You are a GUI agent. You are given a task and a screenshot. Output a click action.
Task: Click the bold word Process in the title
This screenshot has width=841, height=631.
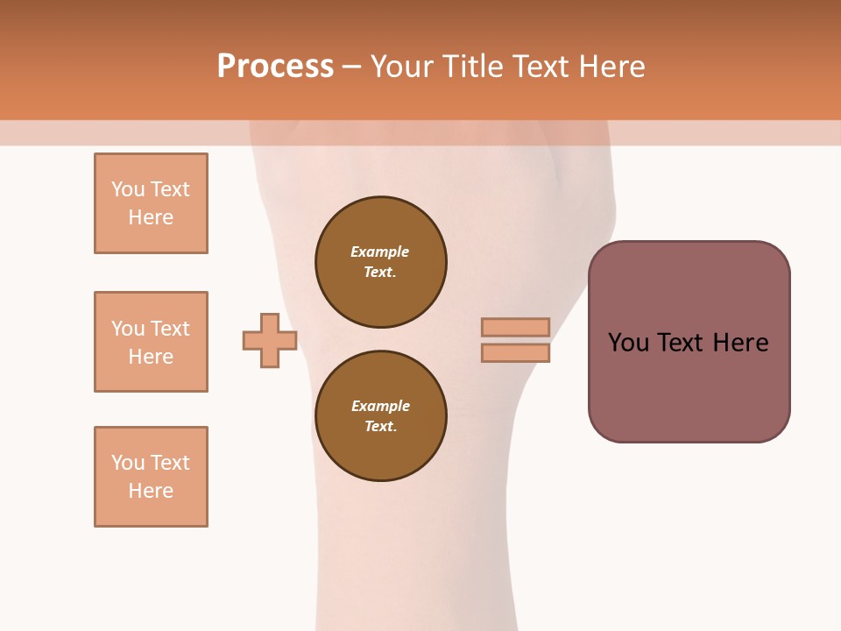[x=275, y=67]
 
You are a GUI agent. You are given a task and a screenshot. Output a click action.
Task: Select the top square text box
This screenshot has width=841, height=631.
[x=151, y=203]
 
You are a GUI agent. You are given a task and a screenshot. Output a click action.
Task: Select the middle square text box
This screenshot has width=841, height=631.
[x=151, y=342]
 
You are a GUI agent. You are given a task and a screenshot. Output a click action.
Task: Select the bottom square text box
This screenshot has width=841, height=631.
[x=151, y=477]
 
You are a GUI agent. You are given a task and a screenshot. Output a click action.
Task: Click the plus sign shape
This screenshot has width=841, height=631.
[x=270, y=340]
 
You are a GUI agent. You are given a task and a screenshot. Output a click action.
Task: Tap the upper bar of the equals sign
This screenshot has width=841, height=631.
[x=515, y=327]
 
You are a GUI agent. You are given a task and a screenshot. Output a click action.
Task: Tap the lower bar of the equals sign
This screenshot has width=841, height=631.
[x=515, y=353]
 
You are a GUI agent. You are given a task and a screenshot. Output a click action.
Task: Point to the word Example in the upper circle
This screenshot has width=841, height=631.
[x=380, y=252]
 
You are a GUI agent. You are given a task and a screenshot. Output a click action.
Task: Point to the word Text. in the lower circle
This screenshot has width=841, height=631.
[x=380, y=427]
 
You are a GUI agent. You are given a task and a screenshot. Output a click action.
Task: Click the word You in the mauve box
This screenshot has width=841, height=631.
[x=628, y=343]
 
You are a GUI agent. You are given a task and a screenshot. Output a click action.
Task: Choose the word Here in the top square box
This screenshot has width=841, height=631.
[x=151, y=217]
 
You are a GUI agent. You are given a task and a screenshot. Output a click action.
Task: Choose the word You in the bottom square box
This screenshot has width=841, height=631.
[x=128, y=463]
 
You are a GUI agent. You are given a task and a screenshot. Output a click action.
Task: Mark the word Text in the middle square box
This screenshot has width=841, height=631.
[x=169, y=329]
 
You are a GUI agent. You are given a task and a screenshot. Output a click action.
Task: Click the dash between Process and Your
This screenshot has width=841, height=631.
[x=351, y=67]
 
